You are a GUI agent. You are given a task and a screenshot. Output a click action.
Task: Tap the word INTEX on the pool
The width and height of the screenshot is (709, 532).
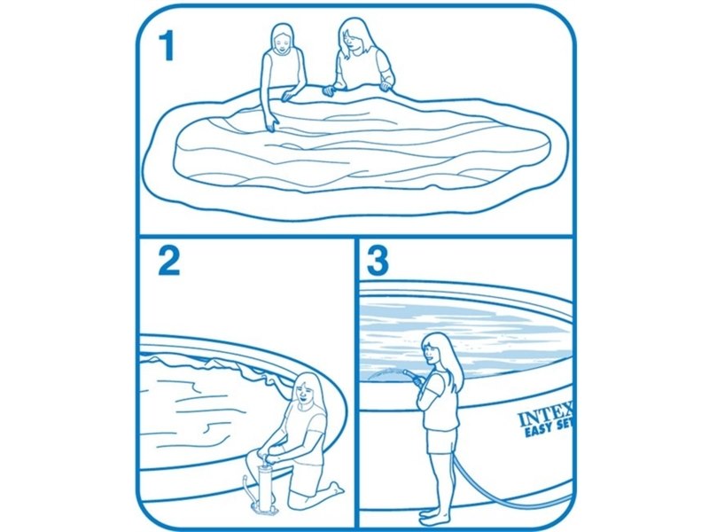[546, 417]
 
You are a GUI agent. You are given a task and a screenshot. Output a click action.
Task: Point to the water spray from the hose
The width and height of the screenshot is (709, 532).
[386, 375]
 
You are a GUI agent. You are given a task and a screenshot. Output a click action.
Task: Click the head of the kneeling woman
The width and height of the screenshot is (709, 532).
[306, 390]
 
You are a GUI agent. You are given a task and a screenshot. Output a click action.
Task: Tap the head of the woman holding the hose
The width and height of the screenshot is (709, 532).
[433, 349]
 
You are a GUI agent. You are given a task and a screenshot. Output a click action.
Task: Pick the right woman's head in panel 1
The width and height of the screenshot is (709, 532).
[354, 35]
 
